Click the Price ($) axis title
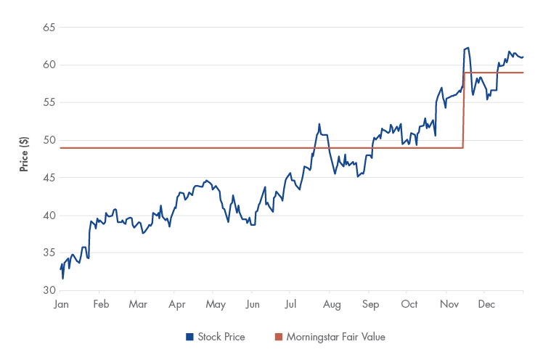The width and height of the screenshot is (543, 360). coord(24,153)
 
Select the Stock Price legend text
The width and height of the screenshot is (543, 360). coord(221,337)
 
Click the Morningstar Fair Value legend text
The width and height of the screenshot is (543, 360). coord(335,337)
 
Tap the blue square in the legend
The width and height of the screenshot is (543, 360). coord(189,337)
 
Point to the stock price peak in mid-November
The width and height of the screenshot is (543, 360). coord(468,48)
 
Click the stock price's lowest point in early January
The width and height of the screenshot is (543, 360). coord(62,278)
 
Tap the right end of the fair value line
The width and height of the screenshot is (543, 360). coord(523,73)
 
